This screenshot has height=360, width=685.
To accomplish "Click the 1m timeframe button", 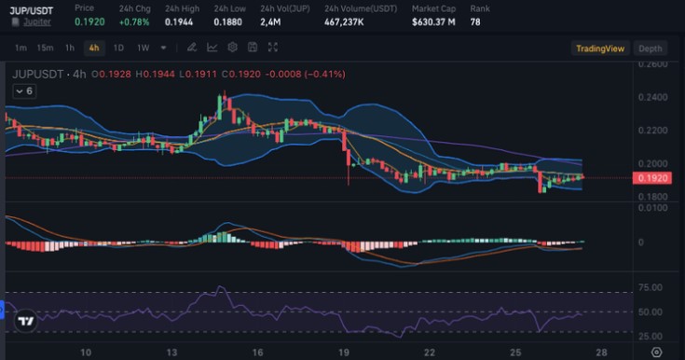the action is click(21, 48).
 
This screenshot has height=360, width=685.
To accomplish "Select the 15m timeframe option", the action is click(45, 48).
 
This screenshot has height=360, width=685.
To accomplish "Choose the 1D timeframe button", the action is click(118, 48).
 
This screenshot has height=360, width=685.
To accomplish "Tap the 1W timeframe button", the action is click(144, 48).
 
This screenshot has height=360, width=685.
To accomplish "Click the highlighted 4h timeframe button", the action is click(94, 48).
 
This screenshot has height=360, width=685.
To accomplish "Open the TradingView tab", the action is click(600, 48).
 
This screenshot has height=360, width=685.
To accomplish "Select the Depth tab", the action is click(651, 48).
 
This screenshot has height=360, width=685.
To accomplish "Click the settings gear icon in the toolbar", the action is click(232, 48).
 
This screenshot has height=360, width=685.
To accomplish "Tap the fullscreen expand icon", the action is click(272, 48).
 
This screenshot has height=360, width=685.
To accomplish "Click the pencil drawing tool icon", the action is click(192, 48).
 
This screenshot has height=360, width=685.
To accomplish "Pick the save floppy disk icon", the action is click(253, 48).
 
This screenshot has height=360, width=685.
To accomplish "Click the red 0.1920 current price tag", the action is click(651, 178).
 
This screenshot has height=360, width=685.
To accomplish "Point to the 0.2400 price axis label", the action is click(652, 97).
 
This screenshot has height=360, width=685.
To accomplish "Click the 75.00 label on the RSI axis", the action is click(651, 287).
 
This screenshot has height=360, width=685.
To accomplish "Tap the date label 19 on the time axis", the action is click(344, 353).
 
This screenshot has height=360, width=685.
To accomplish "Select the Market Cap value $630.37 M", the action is click(433, 21).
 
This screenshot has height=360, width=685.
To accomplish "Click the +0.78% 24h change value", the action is click(134, 21).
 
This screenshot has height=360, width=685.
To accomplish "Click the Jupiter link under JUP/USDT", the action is click(37, 21).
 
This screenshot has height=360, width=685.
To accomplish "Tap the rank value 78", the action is click(475, 21).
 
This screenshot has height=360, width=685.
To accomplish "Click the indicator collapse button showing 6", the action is click(24, 91).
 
